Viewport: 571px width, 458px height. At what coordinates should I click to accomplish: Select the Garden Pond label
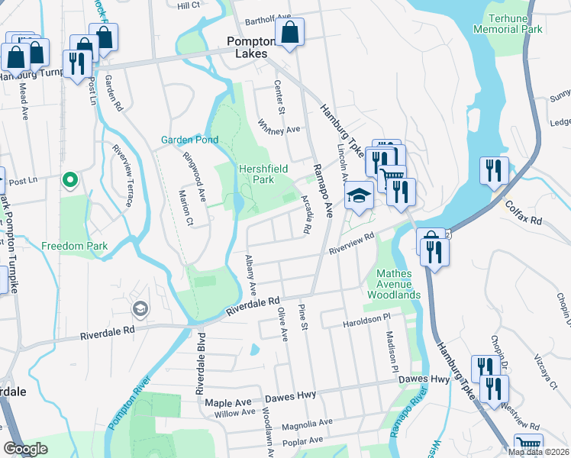point(189,140)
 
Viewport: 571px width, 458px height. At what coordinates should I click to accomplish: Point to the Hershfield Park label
point(256,174)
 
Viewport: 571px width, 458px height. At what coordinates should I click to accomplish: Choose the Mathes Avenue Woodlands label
point(394,284)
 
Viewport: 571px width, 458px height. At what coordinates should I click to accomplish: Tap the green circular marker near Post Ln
point(69,180)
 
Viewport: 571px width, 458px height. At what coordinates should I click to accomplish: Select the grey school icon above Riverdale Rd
point(140,309)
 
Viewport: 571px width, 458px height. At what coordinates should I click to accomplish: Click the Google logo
point(25,449)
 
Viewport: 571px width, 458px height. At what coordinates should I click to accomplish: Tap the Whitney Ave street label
point(279,125)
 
